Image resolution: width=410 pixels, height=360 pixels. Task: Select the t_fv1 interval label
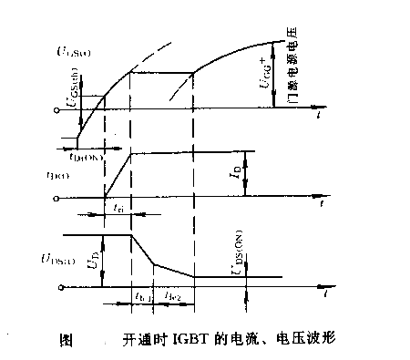[143, 297]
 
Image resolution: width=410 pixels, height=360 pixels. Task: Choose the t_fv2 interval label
[173, 297]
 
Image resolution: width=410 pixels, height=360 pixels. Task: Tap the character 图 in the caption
[65, 339]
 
